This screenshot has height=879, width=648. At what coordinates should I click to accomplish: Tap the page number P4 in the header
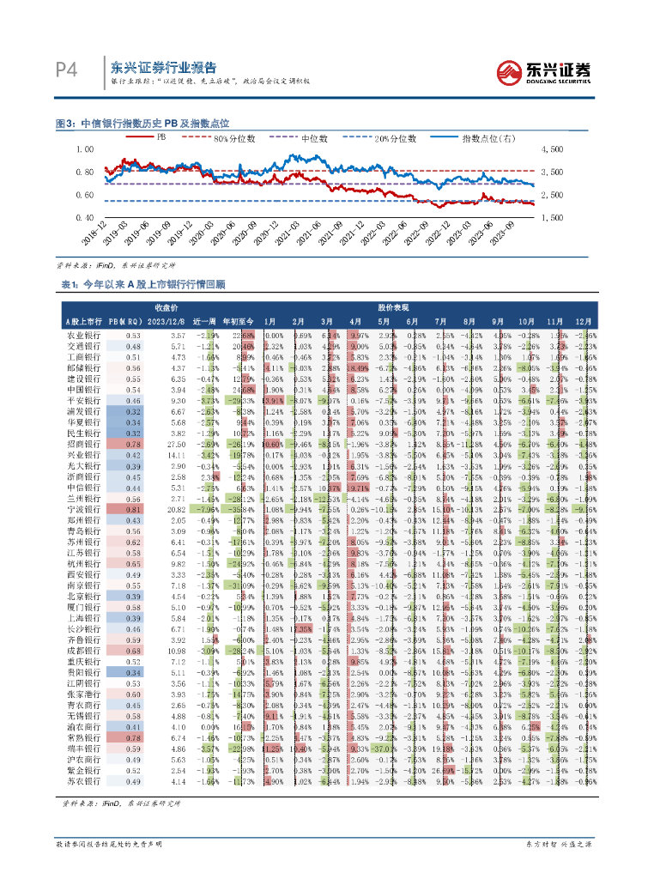click(69, 70)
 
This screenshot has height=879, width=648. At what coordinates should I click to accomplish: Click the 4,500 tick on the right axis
click(551, 149)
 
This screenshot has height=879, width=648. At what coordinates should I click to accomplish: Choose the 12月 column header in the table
click(584, 320)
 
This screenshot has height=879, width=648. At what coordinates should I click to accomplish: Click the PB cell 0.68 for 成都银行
click(132, 651)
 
